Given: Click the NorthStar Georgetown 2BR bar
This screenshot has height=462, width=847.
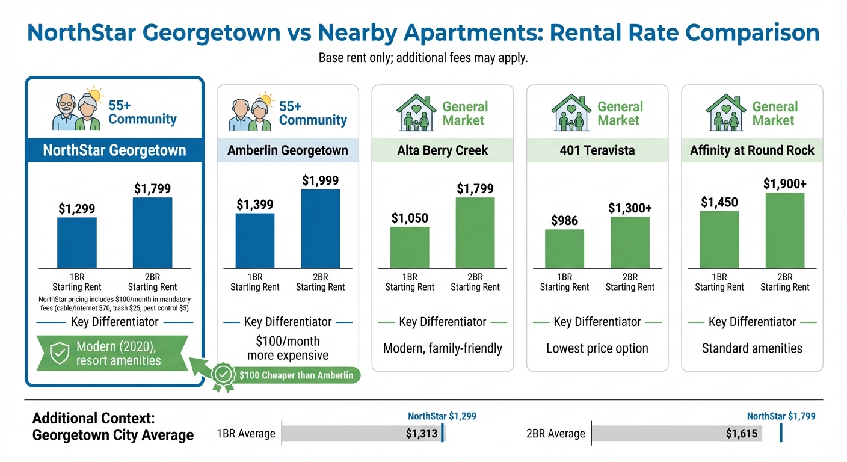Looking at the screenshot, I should coord(152,232).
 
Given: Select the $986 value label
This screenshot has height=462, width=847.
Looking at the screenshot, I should coord(564,221).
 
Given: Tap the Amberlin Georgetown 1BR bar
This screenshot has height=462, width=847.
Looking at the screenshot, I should coord(254,241).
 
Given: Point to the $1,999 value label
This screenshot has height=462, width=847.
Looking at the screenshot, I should coord(320,180).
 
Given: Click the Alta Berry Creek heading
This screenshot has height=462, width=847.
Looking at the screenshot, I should coord(442,150).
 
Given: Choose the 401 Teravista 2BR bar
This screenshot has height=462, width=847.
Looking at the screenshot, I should coord(630,242).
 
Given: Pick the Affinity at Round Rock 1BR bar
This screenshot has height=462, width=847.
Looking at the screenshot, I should coord(719,239).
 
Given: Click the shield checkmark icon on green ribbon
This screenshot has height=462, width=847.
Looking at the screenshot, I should coord(58,354).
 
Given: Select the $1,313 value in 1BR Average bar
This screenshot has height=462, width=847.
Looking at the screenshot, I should coord(421,434).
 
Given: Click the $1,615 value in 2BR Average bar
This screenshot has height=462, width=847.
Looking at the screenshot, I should coord(741,434).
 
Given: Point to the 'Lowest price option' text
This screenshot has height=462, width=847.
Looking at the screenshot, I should coord(597,348).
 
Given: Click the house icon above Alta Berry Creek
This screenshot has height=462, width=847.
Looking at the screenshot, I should coord(416,112).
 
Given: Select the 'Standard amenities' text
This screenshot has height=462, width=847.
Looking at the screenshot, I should coord(752,348).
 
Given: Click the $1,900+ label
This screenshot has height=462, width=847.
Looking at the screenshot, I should coord(784,183).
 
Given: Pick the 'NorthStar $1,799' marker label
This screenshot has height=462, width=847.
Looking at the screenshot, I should coord(781,416).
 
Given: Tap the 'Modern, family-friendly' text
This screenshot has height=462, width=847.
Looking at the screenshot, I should coord(442,348).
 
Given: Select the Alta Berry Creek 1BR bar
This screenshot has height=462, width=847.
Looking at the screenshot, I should coord(410,247).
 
